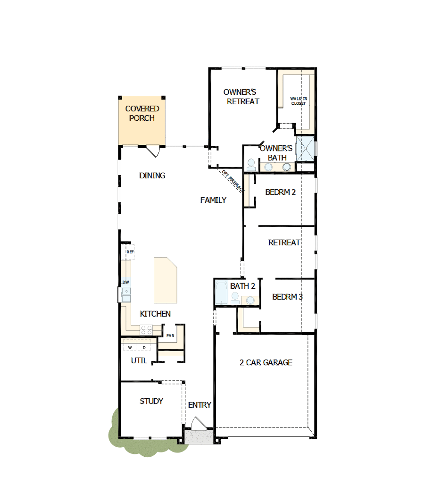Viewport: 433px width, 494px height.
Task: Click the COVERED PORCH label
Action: pos(142,113)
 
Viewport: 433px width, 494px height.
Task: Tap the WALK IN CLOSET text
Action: pos(298,100)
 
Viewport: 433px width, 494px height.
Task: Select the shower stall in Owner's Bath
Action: pos(305,148)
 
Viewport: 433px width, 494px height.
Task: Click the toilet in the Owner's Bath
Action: pos(251,164)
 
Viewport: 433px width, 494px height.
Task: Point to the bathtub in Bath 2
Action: pos(221,293)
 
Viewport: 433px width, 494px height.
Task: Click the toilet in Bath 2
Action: pos(235,297)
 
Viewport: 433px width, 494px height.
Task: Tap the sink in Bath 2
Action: pos(250,300)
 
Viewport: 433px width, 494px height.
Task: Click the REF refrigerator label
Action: pos(130,252)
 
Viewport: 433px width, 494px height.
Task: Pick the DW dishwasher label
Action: pos(125,282)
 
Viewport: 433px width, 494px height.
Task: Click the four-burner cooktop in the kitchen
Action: pos(146,329)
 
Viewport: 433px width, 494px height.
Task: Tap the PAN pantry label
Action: pos(170,335)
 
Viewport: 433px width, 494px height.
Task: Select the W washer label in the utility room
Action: pos(129,348)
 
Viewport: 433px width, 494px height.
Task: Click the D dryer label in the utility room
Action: pos(144,348)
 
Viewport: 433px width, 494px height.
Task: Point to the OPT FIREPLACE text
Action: pos(233,181)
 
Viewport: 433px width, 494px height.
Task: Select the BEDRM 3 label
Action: pos(287,297)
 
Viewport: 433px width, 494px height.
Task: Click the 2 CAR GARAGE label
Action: pos(266,362)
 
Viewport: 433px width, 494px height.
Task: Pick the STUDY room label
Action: pos(151,401)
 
